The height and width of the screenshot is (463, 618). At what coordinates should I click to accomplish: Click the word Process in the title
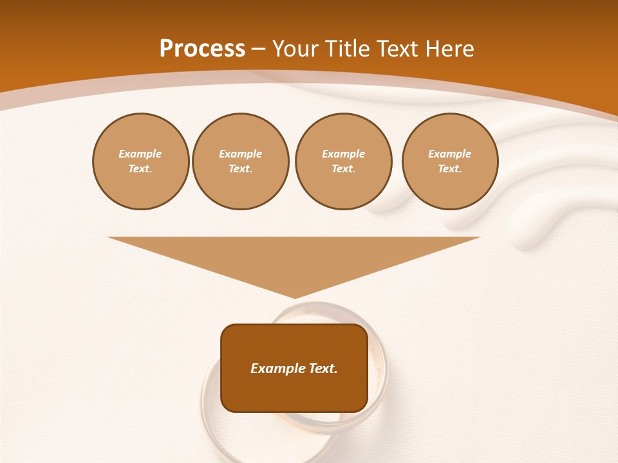pos(202,49)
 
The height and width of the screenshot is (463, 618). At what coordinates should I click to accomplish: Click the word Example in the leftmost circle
pos(140,154)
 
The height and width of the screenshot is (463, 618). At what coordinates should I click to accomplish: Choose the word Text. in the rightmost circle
pos(449,169)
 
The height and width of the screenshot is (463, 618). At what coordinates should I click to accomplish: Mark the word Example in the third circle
pos(343,154)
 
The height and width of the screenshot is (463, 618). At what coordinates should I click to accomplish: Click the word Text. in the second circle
pos(240,169)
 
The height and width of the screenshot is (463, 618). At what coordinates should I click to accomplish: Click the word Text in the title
pos(396,49)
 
